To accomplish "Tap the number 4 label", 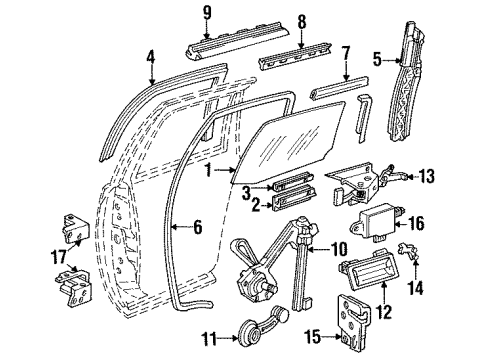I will [x=151, y=56].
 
